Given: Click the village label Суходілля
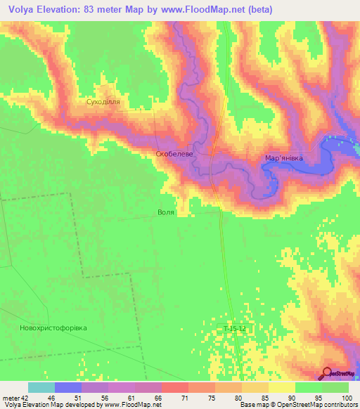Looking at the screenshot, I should (103, 103).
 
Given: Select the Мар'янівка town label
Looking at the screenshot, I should (283, 158).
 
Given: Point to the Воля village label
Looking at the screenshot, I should (166, 212).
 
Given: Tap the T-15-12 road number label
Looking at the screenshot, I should (236, 329).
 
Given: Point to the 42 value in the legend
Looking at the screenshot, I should (25, 398).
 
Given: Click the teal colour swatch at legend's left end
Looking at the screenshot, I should (41, 387).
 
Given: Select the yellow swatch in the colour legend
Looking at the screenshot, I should (281, 387).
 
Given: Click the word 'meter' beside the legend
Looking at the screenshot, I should (10, 398).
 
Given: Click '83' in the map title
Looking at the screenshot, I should (114, 9).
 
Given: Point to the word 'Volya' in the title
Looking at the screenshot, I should (23, 9).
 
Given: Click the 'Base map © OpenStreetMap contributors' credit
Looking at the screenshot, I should (298, 405).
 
